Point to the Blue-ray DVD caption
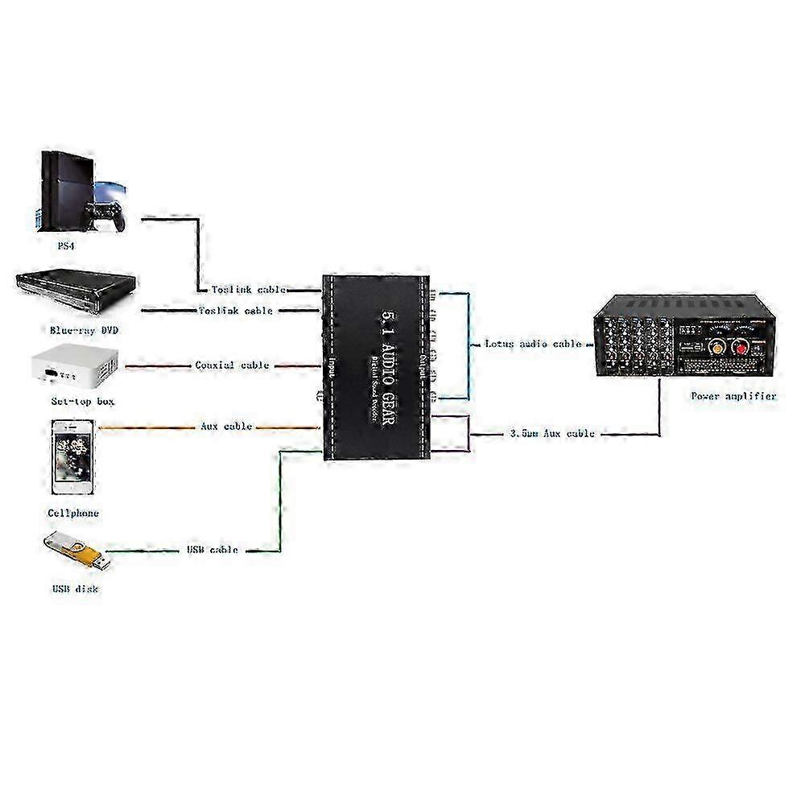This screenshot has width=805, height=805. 77,330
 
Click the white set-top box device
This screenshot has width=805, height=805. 72,369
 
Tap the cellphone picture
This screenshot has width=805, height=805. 73,457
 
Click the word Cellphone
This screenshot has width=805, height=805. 73,512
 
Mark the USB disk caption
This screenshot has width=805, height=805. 76,588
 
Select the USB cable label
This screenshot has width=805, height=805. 212,550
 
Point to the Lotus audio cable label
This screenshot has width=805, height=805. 532,344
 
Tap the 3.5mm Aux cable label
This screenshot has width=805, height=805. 551,433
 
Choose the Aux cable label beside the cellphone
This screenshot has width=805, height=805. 226,426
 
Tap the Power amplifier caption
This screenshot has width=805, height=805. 733,396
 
